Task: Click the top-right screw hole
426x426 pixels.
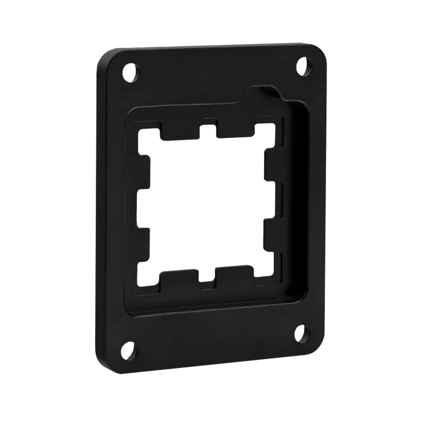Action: pyautogui.click(x=303, y=65)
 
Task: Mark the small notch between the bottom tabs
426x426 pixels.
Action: pyautogui.click(x=207, y=281)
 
